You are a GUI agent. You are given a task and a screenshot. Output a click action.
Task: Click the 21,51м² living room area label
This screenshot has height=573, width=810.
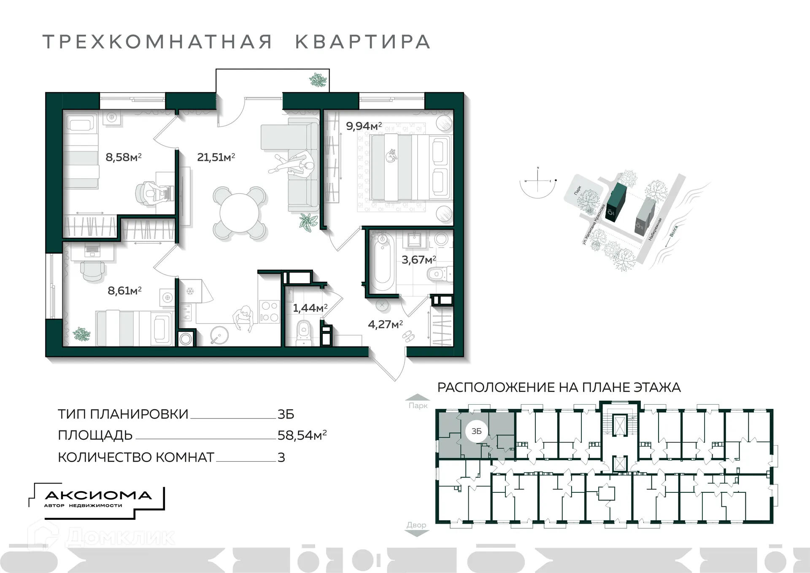(x=216, y=157)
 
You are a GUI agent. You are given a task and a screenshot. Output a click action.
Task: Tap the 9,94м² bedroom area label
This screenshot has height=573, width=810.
(x=363, y=126)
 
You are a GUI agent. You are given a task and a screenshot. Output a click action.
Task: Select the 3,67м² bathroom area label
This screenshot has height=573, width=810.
(x=418, y=259)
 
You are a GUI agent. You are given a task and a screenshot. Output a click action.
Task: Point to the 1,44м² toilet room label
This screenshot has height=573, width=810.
(x=310, y=308)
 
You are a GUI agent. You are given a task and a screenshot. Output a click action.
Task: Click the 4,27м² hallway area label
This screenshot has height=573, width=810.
(x=385, y=324)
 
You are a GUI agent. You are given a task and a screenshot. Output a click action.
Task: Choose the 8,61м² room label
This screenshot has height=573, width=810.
(x=124, y=290)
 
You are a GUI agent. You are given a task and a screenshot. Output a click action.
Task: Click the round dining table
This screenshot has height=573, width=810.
(x=240, y=213)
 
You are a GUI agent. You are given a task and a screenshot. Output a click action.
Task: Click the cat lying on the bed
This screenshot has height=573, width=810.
(x=392, y=156)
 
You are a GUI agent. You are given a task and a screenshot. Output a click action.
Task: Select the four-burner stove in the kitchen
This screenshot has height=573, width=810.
(x=269, y=311)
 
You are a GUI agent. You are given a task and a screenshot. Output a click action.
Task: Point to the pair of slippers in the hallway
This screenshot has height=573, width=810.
(x=408, y=336)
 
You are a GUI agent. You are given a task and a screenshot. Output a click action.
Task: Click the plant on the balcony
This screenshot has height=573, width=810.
(x=318, y=80)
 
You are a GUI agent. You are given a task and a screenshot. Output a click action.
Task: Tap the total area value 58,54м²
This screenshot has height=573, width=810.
(x=302, y=435)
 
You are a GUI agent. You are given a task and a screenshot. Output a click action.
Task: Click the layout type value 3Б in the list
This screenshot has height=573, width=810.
(x=286, y=414)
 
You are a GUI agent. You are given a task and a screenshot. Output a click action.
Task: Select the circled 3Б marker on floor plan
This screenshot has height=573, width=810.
(x=476, y=431)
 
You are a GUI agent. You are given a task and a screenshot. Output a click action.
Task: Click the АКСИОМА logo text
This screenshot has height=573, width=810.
(x=98, y=495)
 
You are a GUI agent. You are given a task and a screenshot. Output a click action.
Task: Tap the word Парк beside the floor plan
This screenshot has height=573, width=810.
(x=418, y=405)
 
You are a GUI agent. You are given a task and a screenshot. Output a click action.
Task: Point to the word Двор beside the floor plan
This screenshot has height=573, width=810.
(x=416, y=525)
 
